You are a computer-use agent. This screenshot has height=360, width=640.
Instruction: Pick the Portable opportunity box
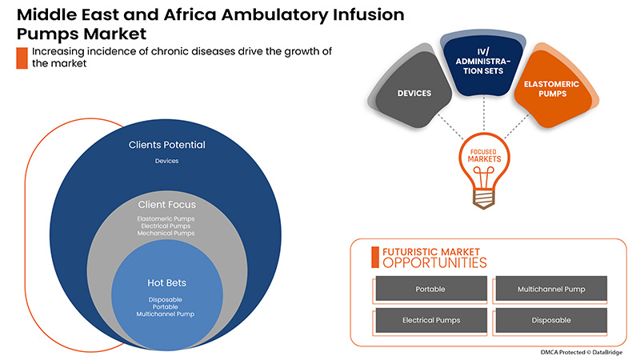click(x=430, y=289)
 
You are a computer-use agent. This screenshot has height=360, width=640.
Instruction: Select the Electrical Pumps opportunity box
click(x=430, y=320)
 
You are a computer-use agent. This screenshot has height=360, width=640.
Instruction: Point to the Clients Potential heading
click(x=167, y=146)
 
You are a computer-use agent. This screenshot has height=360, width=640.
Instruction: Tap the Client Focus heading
click(x=166, y=204)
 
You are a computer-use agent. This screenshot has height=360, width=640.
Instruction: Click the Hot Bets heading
click(x=166, y=282)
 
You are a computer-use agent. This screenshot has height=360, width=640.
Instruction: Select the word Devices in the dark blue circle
click(x=166, y=161)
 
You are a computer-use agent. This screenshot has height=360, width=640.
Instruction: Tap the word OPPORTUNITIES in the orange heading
click(x=434, y=262)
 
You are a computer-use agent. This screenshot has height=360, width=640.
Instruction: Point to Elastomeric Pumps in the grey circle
click(x=166, y=218)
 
